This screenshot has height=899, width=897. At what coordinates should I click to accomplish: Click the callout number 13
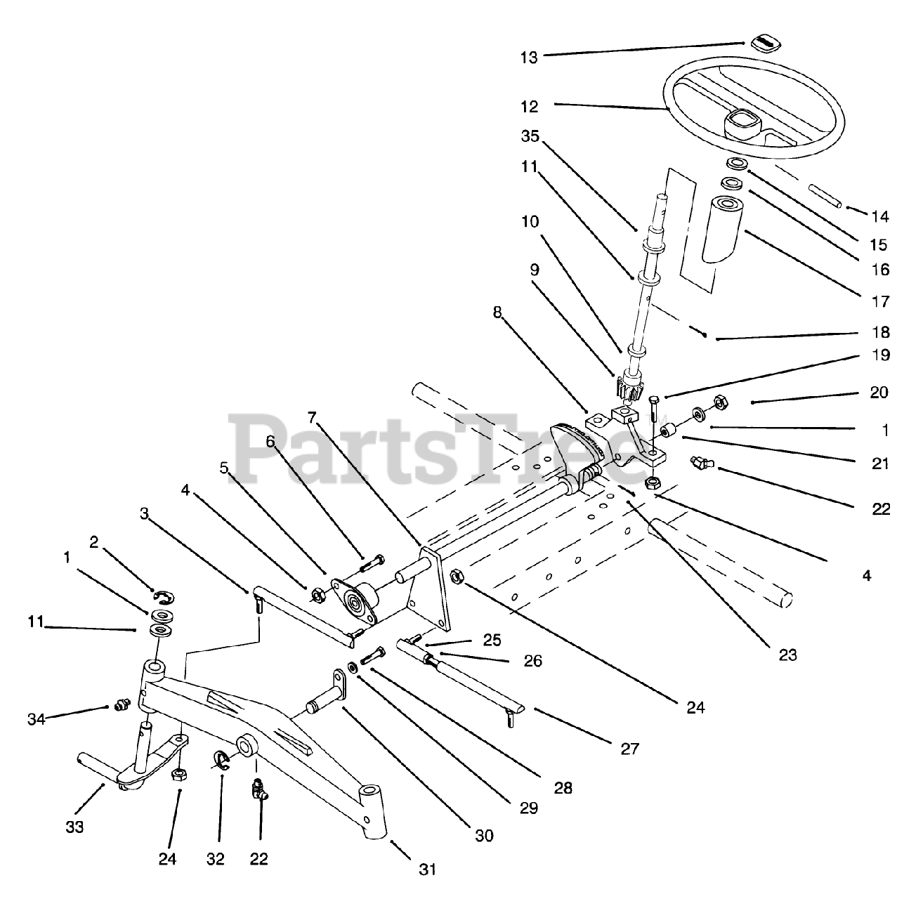click(x=529, y=57)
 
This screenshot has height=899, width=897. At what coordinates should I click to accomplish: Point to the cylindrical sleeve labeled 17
click(x=725, y=229)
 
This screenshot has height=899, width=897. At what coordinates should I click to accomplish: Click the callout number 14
click(x=879, y=216)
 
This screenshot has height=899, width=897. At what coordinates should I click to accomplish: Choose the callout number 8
click(x=497, y=312)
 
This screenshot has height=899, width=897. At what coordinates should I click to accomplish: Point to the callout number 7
click(x=313, y=418)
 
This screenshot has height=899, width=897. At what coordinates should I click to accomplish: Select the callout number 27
click(x=630, y=749)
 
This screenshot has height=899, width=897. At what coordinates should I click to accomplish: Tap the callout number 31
click(x=428, y=869)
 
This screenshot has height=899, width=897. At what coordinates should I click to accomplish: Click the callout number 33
click(x=74, y=827)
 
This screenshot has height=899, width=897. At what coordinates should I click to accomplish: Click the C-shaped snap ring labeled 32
click(x=220, y=760)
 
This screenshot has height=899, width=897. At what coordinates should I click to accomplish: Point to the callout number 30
click(x=484, y=835)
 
